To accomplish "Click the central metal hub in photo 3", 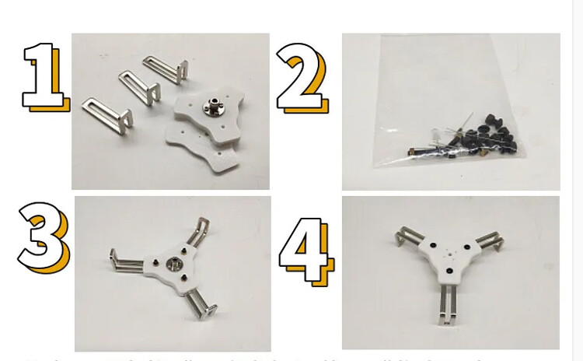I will point(175,265).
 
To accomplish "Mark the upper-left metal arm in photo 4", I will point(409,238).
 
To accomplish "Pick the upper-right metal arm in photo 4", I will point(485,242).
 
